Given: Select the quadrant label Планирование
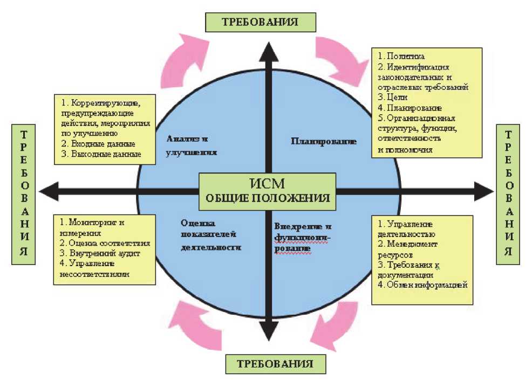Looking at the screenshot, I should (324, 142).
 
